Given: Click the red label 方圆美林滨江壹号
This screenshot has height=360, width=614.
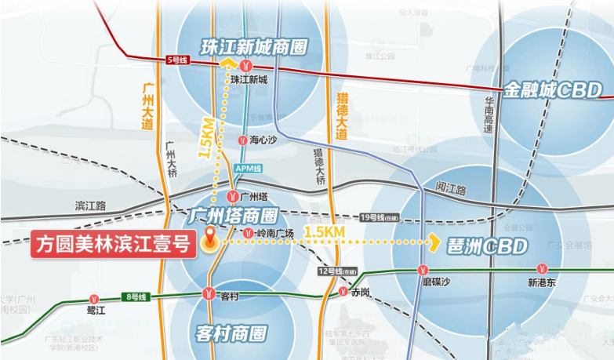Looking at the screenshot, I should [x=113, y=245].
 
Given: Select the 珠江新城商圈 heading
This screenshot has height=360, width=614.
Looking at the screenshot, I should [x=251, y=47].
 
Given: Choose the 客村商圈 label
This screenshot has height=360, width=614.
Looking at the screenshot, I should [x=231, y=334].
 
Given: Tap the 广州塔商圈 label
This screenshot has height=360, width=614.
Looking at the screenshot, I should [x=234, y=215].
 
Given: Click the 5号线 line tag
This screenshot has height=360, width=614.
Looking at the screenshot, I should [x=178, y=60].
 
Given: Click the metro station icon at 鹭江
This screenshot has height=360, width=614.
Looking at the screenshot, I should [x=95, y=299].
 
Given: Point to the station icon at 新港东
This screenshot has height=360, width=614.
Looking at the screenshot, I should [x=542, y=270].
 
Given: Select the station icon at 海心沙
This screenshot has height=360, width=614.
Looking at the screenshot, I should [x=242, y=140].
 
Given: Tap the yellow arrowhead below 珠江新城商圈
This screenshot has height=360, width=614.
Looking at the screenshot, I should [x=228, y=66].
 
